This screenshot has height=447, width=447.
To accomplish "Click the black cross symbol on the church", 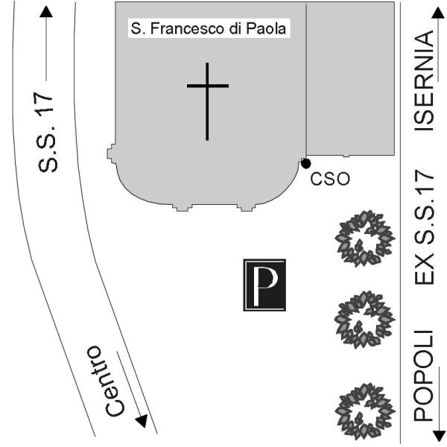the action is coord(207,86).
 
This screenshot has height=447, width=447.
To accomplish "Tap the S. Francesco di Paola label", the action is coord(209,28).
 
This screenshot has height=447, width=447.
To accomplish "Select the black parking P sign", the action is coord(264,285).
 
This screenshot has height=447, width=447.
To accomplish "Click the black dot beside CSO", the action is coord(306,163).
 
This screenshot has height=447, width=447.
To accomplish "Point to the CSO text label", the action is coord(330,180).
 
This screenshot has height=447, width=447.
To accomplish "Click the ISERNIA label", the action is coord(424,80).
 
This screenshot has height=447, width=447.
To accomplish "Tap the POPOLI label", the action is coord(424,375).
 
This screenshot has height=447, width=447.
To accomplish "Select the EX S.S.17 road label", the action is coord(424,227).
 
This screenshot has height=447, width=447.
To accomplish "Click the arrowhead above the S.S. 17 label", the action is coord(46,12).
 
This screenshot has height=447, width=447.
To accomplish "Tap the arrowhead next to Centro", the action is coord(142,421).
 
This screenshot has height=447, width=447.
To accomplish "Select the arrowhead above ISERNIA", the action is coord(438,13).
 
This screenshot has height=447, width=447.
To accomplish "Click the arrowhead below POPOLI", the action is coord(438,436).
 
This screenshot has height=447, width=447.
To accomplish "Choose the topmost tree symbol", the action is coord(365,238).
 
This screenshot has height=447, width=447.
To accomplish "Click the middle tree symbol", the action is coord(365,320).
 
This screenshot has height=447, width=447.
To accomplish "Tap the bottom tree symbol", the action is coord(365,412).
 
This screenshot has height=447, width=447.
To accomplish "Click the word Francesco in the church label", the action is coord(188,28).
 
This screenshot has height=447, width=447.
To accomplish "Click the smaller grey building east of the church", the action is coord(350,79).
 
